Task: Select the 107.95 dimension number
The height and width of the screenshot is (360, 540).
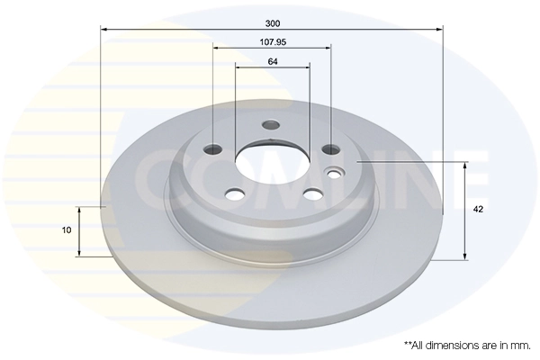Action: (x=272, y=41)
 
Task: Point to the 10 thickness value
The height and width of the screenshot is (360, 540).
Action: (x=67, y=230)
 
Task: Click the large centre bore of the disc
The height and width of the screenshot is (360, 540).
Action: (x=272, y=162)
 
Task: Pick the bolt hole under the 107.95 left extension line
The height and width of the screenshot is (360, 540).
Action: (x=214, y=149)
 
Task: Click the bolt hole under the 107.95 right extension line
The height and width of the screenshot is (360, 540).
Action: (x=330, y=149)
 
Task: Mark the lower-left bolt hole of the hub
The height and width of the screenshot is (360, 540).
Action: (x=236, y=193)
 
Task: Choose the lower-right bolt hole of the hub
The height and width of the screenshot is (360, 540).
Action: (x=312, y=193)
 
